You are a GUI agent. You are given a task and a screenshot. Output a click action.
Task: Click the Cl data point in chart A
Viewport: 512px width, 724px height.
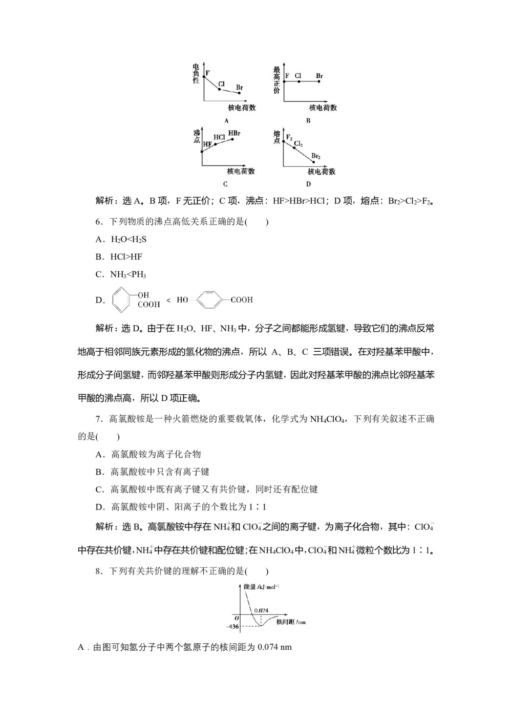click(219, 90)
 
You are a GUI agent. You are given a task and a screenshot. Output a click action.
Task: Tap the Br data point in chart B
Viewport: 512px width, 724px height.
click(318, 81)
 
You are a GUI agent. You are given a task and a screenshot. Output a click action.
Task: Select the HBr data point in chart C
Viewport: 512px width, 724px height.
click(233, 139)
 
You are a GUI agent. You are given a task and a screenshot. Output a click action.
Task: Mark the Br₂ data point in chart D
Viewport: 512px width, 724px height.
click(314, 162)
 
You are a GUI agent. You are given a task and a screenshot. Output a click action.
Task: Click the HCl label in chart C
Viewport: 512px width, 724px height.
click(219, 137)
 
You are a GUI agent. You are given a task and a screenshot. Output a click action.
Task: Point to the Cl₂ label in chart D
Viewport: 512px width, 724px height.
click(298, 144)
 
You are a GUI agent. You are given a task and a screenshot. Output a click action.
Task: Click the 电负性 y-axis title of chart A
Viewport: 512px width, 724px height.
click(196, 74)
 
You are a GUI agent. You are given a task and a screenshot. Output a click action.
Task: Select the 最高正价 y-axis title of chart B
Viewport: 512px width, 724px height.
click(276, 80)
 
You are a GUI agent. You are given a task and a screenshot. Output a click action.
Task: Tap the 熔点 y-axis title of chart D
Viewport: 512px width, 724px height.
click(276, 137)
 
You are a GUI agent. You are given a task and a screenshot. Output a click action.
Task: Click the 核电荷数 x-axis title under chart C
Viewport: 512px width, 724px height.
click(241, 171)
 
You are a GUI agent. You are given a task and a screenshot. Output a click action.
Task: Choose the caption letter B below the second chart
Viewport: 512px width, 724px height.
click(308, 121)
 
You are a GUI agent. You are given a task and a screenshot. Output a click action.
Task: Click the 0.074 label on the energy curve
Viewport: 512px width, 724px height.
click(261, 610)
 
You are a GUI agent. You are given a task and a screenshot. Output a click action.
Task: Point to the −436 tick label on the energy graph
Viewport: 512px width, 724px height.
click(233, 626)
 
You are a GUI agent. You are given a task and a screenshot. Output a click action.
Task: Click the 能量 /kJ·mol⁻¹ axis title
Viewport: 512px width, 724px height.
click(261, 587)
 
